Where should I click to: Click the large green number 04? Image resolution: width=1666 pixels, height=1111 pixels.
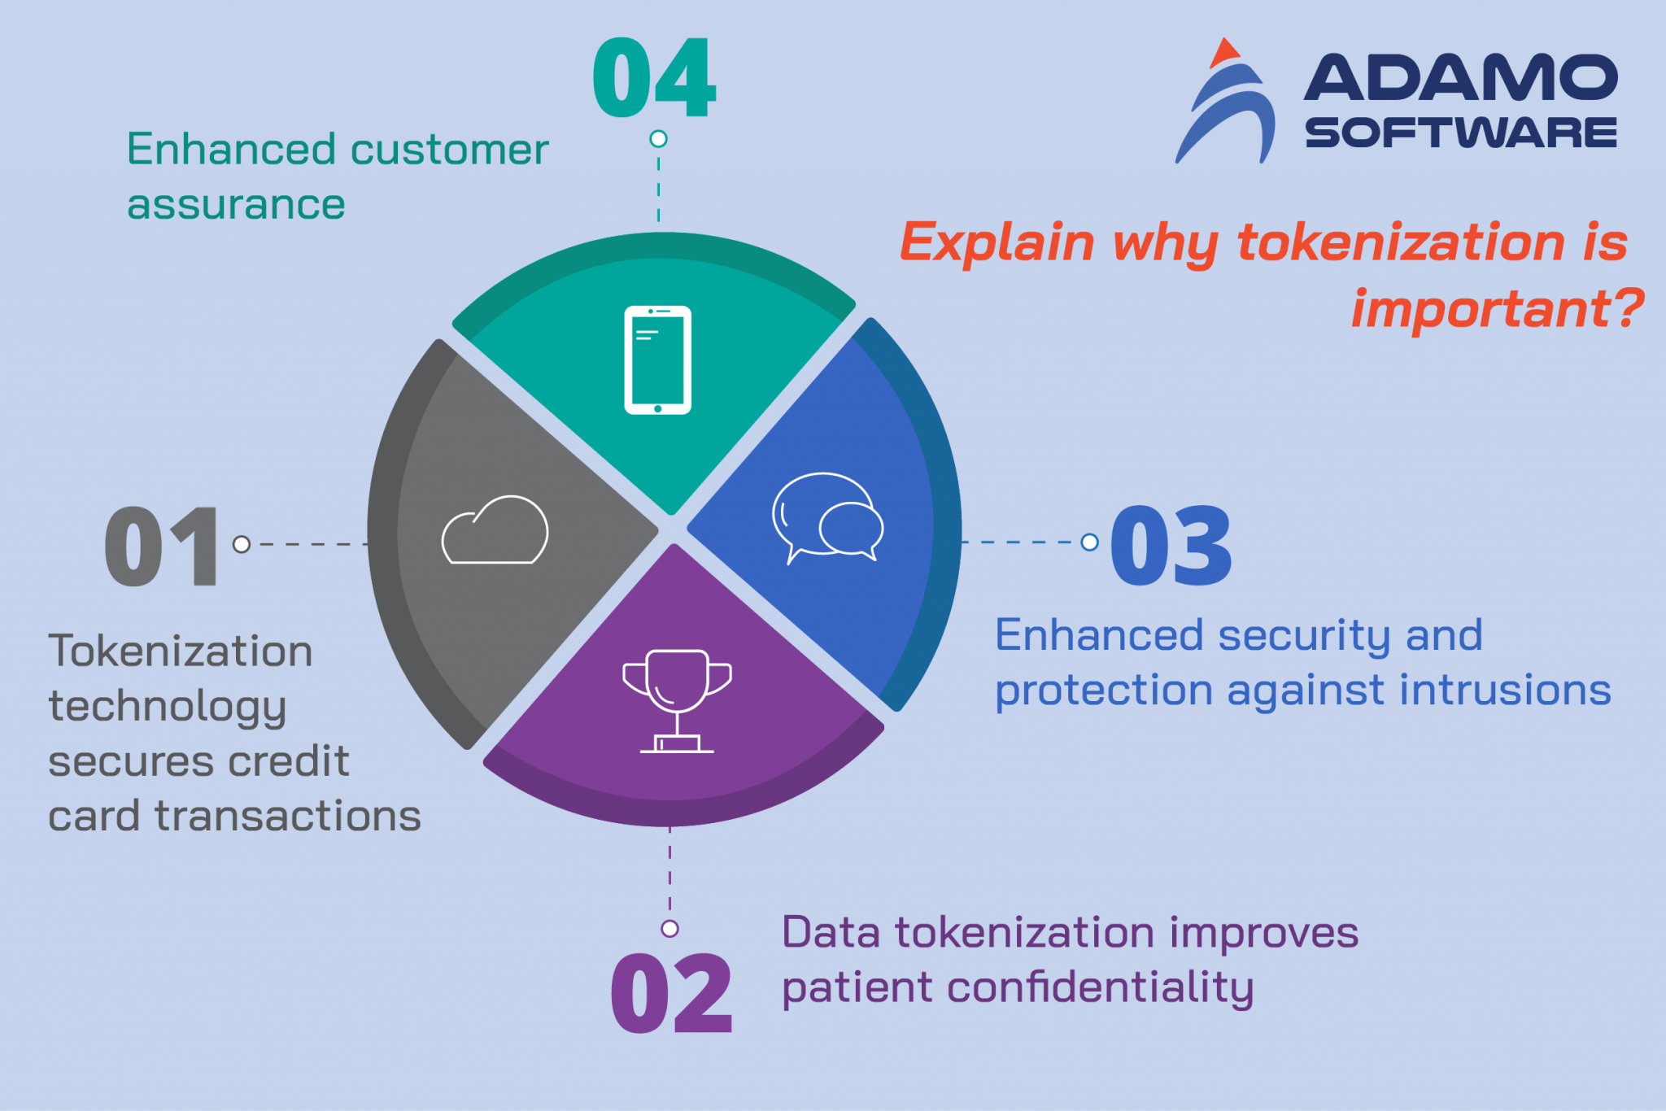pos(654,78)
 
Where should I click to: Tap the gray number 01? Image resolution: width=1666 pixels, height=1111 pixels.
pos(163,545)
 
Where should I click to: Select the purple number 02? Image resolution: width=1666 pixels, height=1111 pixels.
pos(671,994)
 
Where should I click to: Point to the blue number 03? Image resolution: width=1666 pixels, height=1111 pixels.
pos(1171,545)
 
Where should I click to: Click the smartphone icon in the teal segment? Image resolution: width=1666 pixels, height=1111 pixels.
pos(657,359)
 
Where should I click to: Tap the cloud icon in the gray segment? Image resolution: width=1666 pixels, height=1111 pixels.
pos(495,530)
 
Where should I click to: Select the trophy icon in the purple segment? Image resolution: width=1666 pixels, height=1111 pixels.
pos(677,699)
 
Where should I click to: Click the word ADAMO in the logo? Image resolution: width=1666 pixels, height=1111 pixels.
pos(1460,78)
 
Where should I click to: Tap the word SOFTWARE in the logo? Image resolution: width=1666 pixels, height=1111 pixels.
pos(1460,133)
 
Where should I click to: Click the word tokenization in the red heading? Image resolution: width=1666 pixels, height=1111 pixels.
pos(1400,242)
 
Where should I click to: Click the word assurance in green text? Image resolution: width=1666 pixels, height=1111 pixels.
pos(236,205)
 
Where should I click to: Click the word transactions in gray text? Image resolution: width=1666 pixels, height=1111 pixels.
pos(288,816)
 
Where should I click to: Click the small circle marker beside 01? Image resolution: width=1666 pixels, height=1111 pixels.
pos(242,544)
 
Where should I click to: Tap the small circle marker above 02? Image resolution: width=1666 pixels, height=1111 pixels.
pos(669,928)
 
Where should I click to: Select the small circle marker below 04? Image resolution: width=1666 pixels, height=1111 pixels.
pos(658,139)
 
